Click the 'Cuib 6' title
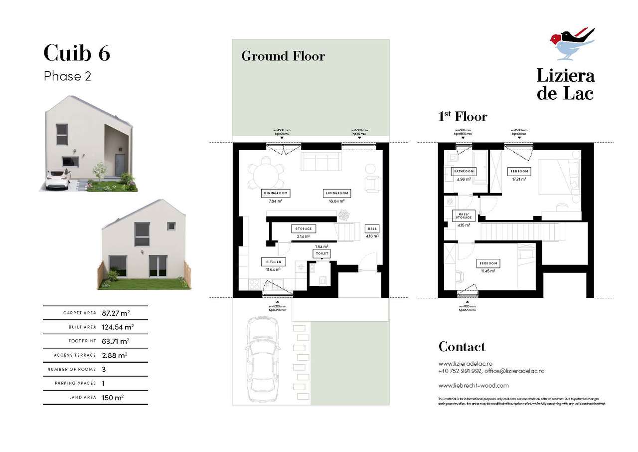point(77,53)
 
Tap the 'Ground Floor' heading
point(283,56)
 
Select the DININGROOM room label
point(275,193)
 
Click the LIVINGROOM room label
point(337,193)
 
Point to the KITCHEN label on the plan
point(273,261)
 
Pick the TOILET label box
point(321,253)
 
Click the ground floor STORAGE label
point(304,229)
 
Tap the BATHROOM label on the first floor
point(463,171)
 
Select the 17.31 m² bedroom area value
point(518,179)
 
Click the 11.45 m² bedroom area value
point(487,271)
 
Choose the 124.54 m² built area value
point(118,327)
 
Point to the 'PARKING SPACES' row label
point(76,383)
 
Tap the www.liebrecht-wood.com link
point(474,385)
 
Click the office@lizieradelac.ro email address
point(514,371)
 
